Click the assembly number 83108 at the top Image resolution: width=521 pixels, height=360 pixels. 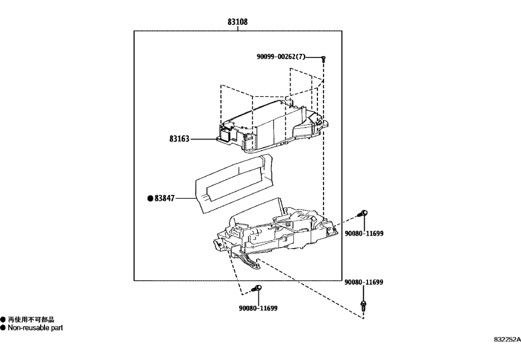click(238, 22)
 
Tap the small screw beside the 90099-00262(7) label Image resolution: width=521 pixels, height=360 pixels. click(323, 57)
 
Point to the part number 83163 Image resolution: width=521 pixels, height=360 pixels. click(179, 139)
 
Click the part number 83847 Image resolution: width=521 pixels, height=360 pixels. click(165, 199)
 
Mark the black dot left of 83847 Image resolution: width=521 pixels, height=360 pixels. click(150, 199)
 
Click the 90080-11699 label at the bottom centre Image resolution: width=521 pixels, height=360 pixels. click(258, 308)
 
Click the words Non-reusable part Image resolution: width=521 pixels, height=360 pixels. click(35, 327)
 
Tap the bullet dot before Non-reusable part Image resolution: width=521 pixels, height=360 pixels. click(3, 327)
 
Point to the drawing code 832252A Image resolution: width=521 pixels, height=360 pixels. click(507, 339)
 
